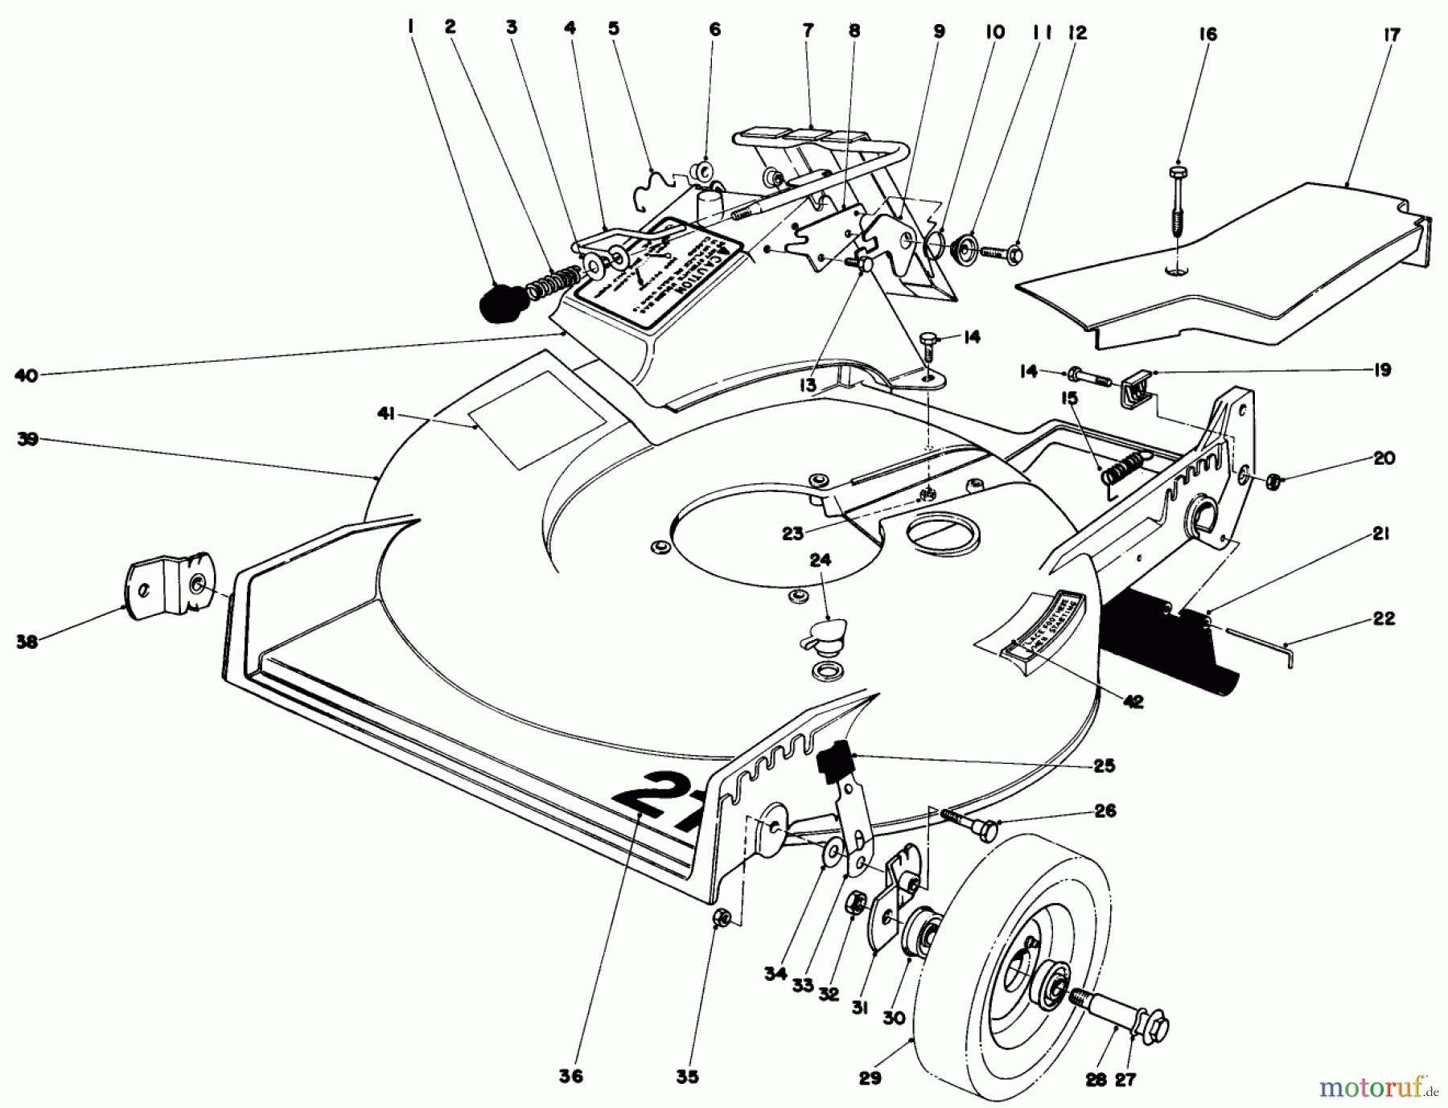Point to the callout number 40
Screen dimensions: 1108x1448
pyautogui.click(x=27, y=375)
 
